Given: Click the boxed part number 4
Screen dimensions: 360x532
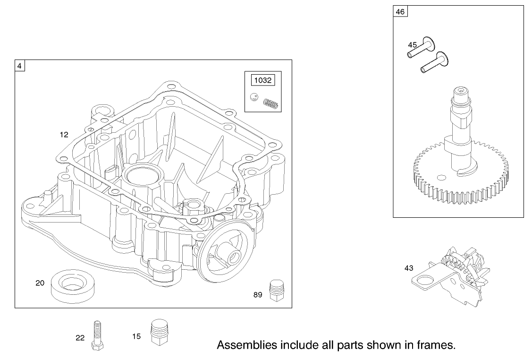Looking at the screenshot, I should (x=19, y=66).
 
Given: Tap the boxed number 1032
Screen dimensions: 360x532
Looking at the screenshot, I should (x=262, y=80).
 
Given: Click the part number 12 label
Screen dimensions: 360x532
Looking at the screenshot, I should (x=64, y=135).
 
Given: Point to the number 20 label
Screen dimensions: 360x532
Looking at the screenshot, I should (x=40, y=283).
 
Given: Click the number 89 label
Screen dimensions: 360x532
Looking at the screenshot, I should (x=257, y=295).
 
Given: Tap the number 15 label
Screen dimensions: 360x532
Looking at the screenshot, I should (x=136, y=336).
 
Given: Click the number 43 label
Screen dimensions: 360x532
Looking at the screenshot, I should (x=409, y=268).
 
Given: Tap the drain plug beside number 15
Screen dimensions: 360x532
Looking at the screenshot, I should (x=160, y=333).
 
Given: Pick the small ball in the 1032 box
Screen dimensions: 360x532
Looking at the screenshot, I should (x=254, y=97).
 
